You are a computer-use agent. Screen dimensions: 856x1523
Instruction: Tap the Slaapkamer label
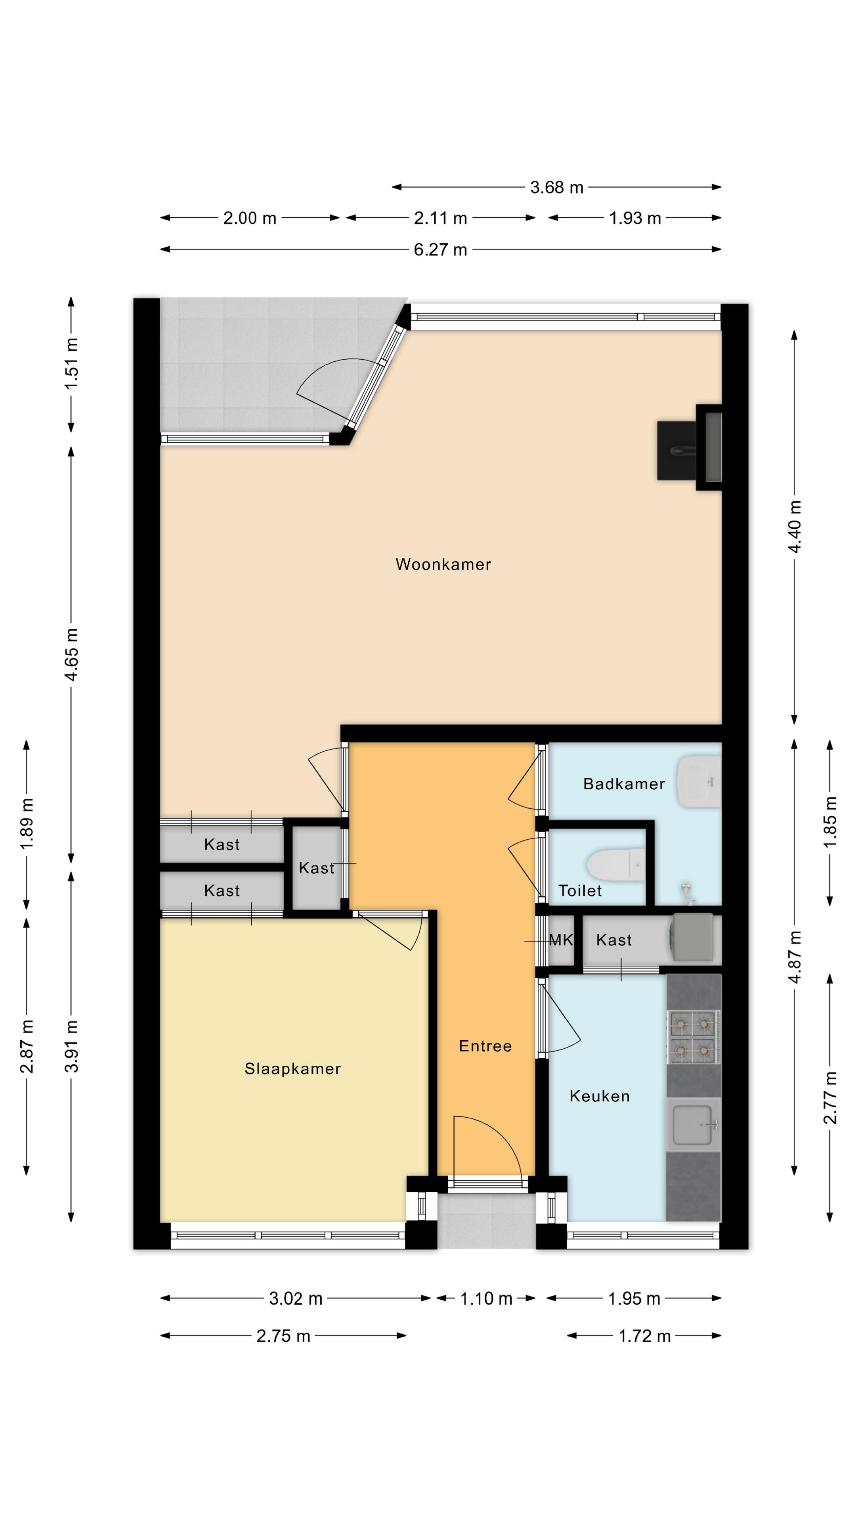click(292, 1069)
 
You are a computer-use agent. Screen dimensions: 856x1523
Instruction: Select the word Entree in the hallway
click(485, 1046)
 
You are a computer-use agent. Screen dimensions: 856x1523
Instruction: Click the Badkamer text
click(624, 784)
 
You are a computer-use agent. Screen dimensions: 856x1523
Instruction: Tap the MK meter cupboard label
click(561, 940)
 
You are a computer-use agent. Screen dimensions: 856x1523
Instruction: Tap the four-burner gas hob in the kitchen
click(694, 1036)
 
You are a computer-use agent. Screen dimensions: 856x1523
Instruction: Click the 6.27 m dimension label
click(440, 249)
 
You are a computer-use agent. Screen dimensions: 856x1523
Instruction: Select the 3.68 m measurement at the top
click(556, 188)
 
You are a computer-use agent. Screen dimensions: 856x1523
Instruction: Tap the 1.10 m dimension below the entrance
click(485, 1299)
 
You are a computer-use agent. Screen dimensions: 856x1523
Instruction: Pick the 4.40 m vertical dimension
click(795, 527)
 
